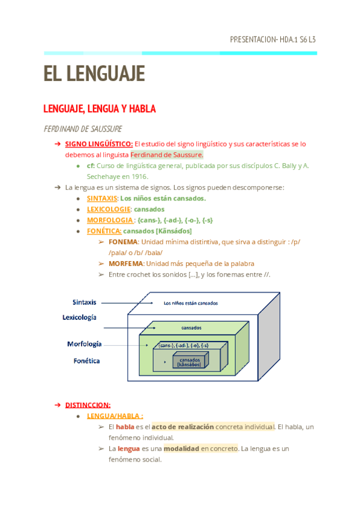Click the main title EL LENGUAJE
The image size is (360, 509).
(x=94, y=74)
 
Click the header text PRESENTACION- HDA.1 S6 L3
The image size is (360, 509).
(x=272, y=40)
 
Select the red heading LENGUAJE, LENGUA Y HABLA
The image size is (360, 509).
(x=100, y=109)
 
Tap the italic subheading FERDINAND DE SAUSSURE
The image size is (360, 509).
(x=83, y=129)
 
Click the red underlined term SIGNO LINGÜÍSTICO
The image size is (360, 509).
(x=99, y=144)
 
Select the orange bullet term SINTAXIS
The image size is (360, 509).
(x=102, y=198)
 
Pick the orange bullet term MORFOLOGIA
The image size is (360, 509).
(x=109, y=220)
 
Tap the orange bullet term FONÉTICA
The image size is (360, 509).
(x=104, y=230)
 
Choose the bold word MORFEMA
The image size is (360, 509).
(x=125, y=264)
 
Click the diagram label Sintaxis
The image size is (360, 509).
(x=85, y=302)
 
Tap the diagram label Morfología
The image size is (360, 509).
(x=84, y=345)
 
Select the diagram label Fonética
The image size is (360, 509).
(x=87, y=361)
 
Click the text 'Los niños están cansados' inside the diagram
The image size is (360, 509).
(x=191, y=303)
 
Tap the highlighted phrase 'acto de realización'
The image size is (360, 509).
(x=182, y=427)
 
